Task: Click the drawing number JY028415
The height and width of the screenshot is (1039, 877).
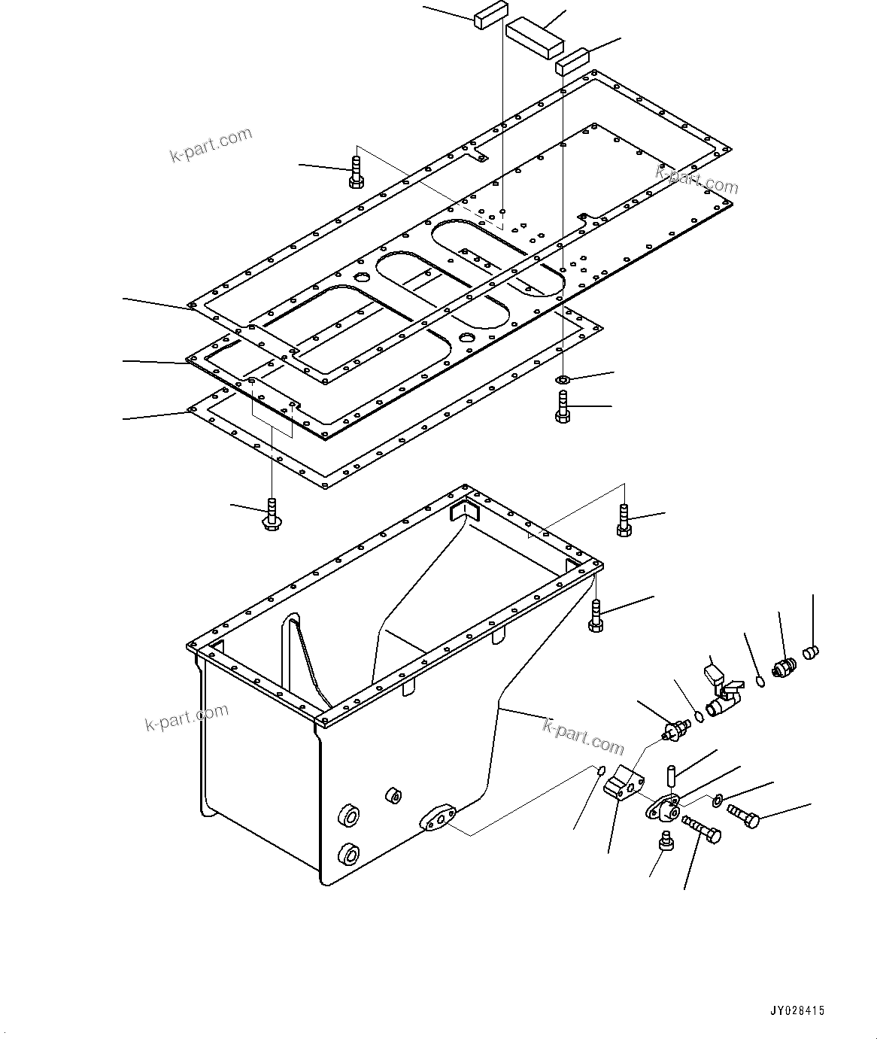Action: (x=798, y=1011)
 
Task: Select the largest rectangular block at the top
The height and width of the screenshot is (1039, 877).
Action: (x=534, y=37)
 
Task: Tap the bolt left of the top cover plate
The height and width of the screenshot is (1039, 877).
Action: (x=356, y=172)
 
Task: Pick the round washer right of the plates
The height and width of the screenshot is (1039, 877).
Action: (x=564, y=378)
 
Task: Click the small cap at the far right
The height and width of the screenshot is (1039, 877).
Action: (x=810, y=652)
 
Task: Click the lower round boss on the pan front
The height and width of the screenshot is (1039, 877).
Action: (x=348, y=855)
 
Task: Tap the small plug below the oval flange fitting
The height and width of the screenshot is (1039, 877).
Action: (x=666, y=840)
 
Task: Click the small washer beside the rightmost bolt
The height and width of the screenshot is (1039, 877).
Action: (x=717, y=799)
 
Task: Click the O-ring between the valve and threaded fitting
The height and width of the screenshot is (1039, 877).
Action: (x=760, y=682)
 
